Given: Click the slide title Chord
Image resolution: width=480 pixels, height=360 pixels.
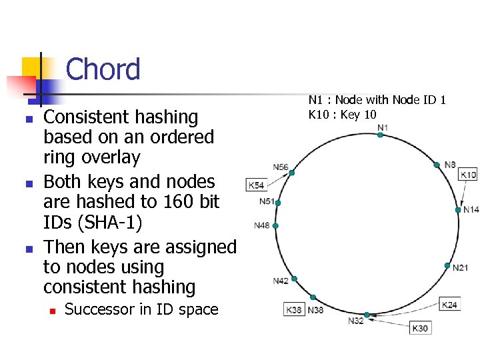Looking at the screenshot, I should tap(103, 69).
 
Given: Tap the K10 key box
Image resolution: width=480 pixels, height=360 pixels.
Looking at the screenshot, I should tap(468, 175).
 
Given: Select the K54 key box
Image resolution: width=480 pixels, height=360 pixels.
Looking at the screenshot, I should tap(256, 185).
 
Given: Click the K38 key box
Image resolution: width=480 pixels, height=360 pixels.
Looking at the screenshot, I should tap(294, 310).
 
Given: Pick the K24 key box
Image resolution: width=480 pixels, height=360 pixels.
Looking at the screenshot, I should tap(450, 305).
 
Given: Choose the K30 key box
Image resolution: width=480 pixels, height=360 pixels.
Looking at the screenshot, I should tap(420, 328).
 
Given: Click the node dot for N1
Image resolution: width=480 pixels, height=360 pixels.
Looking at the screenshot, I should tap(380, 135).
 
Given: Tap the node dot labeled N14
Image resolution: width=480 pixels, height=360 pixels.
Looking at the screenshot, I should tap(458, 209).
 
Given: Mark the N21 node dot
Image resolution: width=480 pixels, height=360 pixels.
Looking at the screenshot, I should tap(447, 265).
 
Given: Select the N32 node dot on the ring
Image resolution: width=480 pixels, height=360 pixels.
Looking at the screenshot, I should tap(366, 314).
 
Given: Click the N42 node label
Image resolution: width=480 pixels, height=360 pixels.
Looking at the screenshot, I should tap(281, 281).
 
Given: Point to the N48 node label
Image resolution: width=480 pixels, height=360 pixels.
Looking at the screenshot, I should tap(262, 225).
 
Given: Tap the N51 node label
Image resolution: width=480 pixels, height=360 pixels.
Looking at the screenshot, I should tap(267, 201).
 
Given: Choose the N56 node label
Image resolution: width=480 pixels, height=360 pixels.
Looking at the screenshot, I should tap(281, 167).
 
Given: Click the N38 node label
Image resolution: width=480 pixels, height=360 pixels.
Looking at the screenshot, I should tap(315, 310).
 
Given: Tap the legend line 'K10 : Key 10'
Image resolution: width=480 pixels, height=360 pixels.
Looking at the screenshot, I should tap(342, 114).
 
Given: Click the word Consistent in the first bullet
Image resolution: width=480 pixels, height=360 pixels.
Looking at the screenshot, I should tap(88, 117).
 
